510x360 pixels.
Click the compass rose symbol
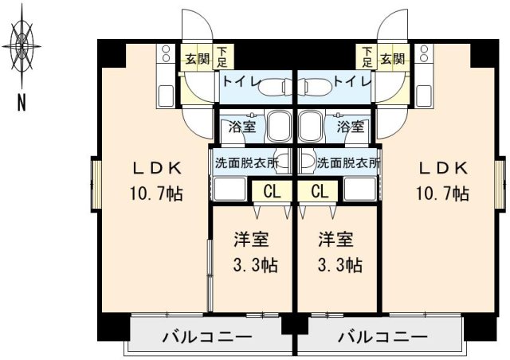tap(24, 45)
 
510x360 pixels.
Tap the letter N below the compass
tap(22, 102)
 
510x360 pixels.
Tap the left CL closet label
tap(272, 192)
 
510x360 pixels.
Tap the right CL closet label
tap(320, 192)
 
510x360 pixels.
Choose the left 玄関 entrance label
tap(197, 59)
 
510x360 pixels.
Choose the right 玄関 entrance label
tap(392, 59)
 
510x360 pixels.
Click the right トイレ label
tap(351, 80)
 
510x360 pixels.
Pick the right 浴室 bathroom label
tap(351, 127)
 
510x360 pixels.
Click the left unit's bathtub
tap(279, 126)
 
